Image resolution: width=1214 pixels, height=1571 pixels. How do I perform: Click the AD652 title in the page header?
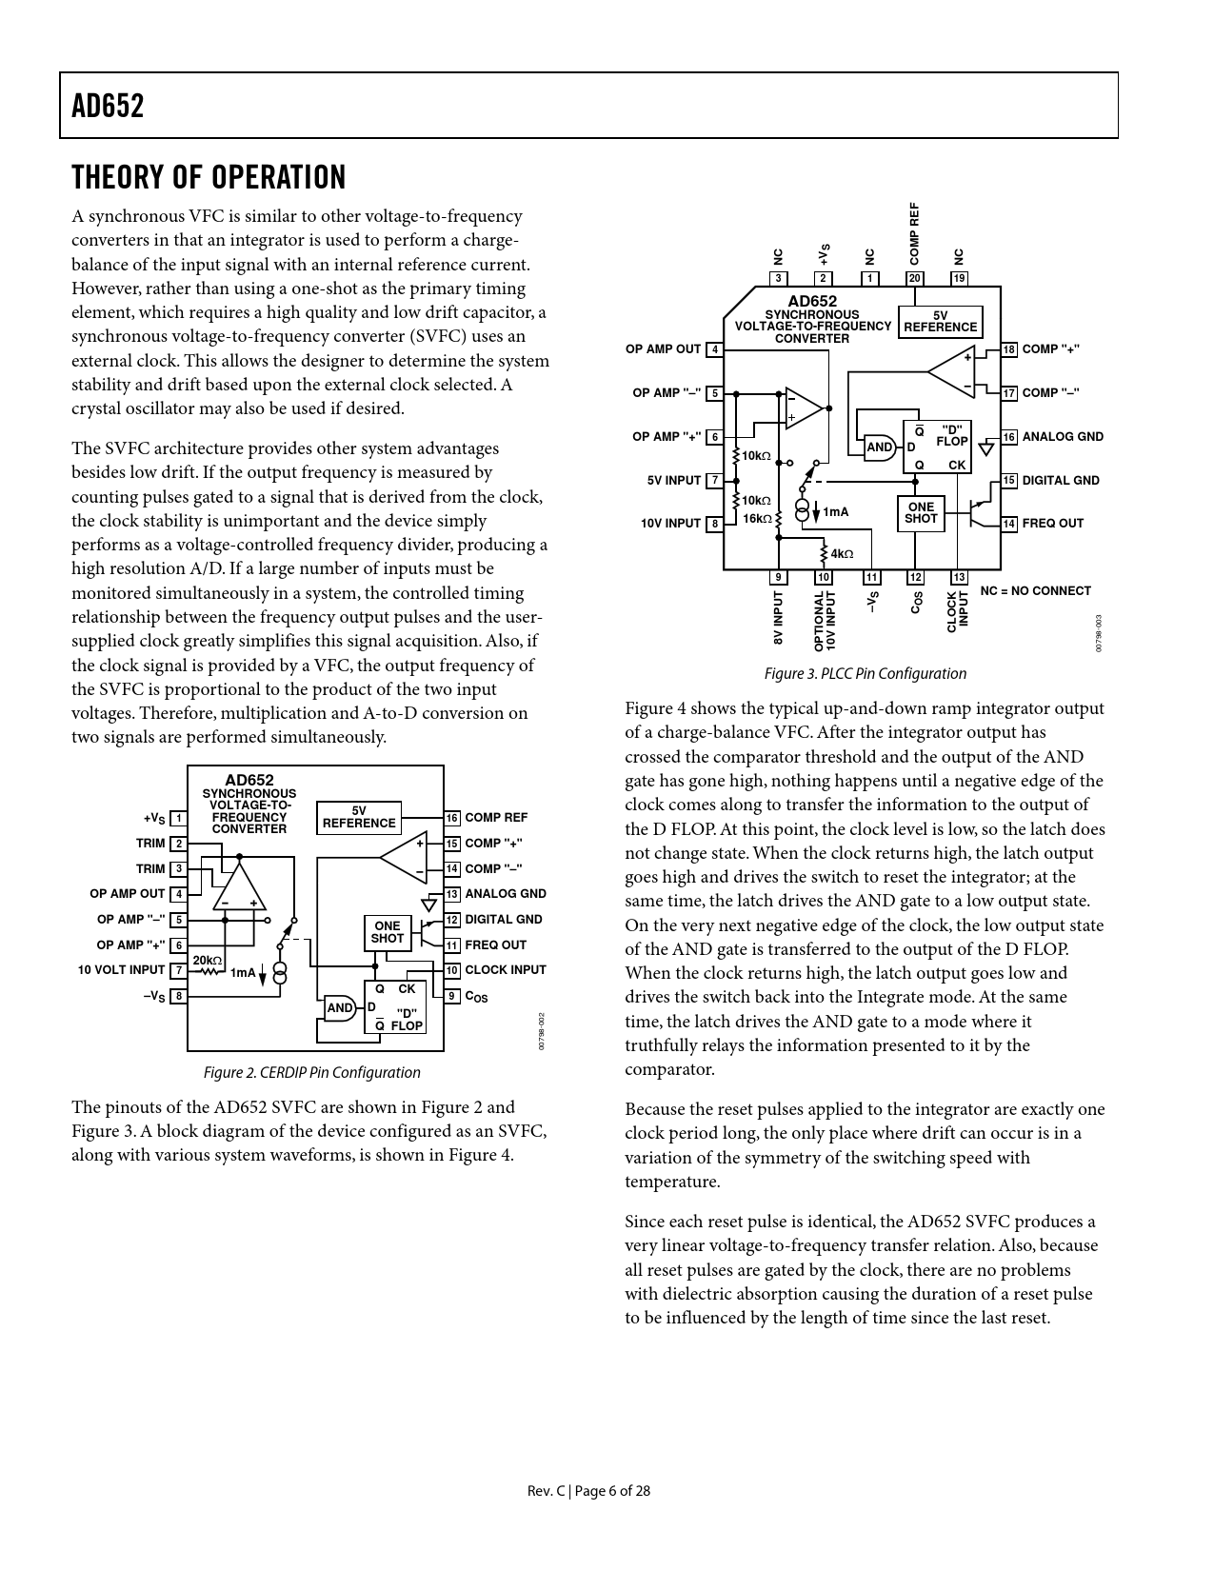[x=108, y=106]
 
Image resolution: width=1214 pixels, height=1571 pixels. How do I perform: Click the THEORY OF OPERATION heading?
[x=209, y=178]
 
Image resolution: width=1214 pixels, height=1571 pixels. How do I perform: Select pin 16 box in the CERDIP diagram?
[x=452, y=818]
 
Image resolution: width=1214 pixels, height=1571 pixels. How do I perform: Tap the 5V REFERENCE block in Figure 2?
[x=359, y=817]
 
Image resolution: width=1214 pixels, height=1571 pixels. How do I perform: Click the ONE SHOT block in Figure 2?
[x=388, y=932]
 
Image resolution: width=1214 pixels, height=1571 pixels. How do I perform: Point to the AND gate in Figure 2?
[x=340, y=1008]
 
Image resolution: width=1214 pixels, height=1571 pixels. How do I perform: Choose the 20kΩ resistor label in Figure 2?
[x=207, y=961]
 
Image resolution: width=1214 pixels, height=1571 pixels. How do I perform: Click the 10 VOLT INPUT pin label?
[x=121, y=970]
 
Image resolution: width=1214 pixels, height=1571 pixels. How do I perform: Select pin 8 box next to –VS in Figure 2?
[x=178, y=996]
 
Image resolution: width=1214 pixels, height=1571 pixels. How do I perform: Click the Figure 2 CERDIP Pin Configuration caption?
[x=311, y=1072]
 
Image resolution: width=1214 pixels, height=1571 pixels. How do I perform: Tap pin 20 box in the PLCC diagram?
[x=915, y=278]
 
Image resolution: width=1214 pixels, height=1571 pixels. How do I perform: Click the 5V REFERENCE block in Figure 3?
[x=940, y=322]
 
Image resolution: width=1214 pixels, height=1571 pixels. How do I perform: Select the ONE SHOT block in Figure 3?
[x=921, y=512]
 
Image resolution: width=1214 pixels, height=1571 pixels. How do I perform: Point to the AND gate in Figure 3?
[x=880, y=447]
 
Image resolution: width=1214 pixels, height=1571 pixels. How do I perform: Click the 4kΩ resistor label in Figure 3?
[x=842, y=554]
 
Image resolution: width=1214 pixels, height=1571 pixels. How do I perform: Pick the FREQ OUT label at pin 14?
[x=1052, y=524]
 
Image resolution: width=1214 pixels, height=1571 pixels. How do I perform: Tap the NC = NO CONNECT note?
[x=1035, y=591]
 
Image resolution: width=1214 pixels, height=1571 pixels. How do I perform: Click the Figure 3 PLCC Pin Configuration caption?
[x=865, y=674]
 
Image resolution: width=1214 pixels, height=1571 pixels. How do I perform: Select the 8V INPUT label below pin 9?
[x=778, y=620]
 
